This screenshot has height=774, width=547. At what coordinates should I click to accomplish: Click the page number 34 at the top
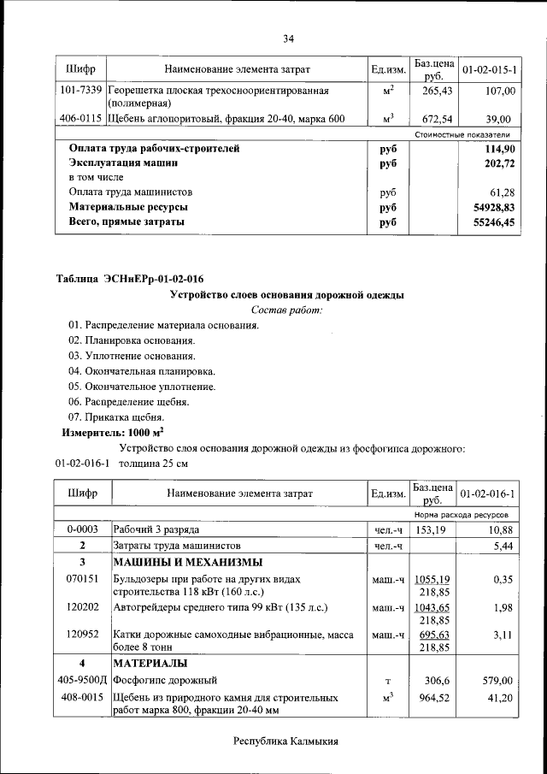click(288, 38)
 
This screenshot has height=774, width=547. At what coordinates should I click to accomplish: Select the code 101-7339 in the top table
click(80, 90)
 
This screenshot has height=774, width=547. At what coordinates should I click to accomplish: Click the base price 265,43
click(435, 91)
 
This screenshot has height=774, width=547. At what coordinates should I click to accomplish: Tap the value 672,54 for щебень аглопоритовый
click(435, 119)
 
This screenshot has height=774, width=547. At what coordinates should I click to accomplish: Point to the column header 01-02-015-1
click(494, 68)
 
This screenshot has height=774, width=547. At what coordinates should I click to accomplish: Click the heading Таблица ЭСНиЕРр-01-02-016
click(130, 278)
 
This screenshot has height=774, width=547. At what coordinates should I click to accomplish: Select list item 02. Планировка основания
click(126, 340)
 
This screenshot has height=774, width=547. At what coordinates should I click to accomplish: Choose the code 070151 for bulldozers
click(82, 579)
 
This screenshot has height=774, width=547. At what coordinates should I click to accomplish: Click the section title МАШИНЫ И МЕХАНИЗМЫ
click(188, 562)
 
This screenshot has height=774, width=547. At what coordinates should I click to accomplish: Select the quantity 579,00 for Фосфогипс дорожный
click(496, 680)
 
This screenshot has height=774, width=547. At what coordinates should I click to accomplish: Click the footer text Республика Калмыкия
click(287, 742)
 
